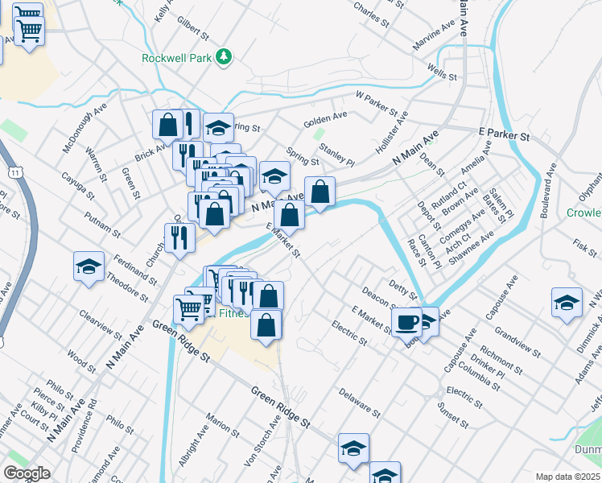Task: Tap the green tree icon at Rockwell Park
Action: (x=225, y=56)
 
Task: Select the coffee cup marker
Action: (x=406, y=323)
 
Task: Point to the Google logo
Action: (x=27, y=473)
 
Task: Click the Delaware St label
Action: (x=359, y=403)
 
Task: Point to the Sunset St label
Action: (x=453, y=415)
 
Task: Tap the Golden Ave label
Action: (x=325, y=119)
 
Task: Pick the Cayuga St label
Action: (x=79, y=184)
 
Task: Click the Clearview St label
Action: (x=101, y=325)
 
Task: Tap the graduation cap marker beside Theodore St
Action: (x=89, y=267)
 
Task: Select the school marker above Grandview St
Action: (x=567, y=303)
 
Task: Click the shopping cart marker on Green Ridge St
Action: (x=188, y=308)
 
